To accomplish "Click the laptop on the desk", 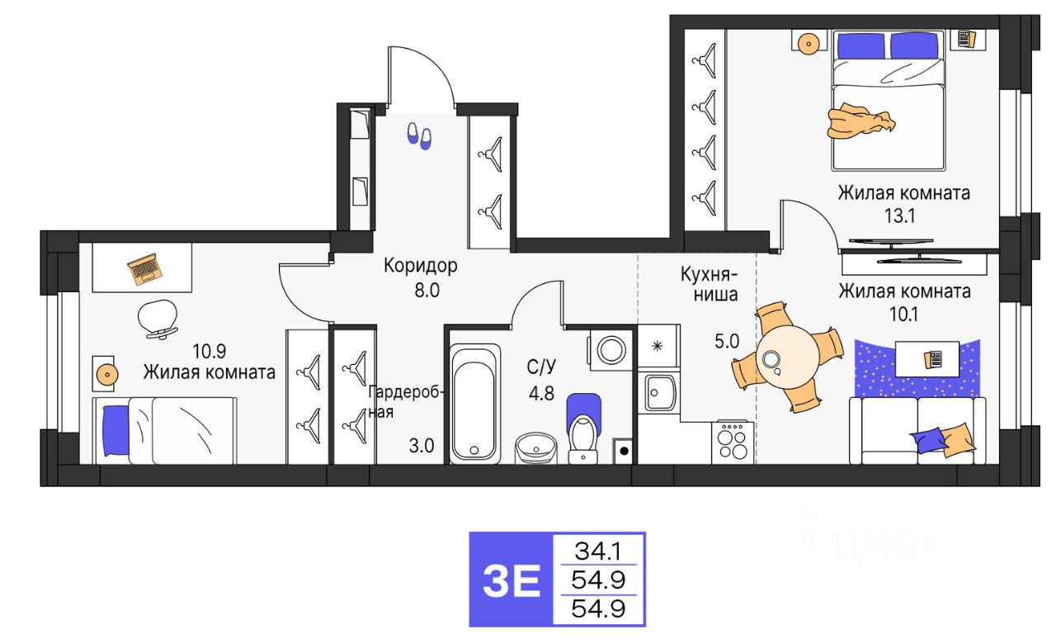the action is click(x=145, y=269).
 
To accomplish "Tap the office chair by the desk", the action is click(x=158, y=319).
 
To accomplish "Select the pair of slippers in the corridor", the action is click(x=419, y=136).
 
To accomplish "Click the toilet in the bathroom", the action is click(x=583, y=429).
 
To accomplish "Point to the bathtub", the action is click(x=474, y=404).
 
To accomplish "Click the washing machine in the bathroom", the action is click(x=610, y=350).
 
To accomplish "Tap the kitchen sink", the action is click(x=659, y=392).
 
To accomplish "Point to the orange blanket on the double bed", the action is click(x=860, y=123).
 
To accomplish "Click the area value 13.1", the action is click(x=899, y=216).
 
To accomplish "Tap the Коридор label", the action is click(x=420, y=266).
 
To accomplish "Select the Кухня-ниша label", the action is click(x=709, y=285).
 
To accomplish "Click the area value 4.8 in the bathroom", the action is click(x=541, y=393).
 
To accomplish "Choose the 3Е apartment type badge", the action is click(x=511, y=580).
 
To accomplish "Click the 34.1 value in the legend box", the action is click(x=598, y=551).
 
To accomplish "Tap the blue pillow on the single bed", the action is click(x=115, y=431).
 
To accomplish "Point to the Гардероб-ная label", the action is click(x=405, y=402).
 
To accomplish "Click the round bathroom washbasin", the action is click(x=536, y=448).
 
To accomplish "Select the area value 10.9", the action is click(x=209, y=351).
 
